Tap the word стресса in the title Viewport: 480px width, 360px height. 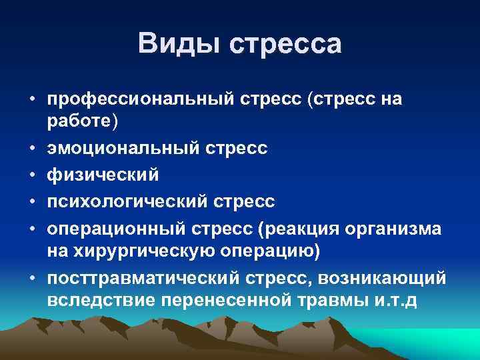click(285, 44)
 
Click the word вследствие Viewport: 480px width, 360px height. click(101, 299)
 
